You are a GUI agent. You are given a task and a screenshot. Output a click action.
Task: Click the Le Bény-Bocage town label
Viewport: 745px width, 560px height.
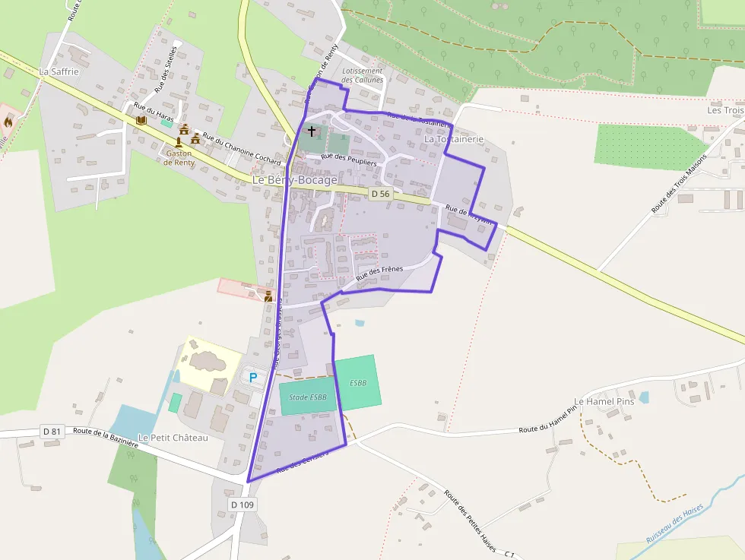[x=294, y=180]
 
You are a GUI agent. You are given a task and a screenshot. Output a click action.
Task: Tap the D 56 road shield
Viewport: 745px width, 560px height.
[x=380, y=194]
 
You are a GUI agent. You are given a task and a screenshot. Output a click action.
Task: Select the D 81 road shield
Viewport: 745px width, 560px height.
[x=52, y=432]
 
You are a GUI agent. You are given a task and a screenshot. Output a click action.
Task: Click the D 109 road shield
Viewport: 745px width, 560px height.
[x=242, y=505]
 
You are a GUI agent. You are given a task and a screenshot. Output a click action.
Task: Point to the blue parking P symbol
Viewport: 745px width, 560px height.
[x=253, y=377]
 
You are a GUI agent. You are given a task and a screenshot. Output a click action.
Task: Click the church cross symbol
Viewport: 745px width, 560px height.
[x=312, y=132]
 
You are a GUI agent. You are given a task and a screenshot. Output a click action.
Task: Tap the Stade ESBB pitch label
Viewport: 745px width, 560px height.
[x=308, y=397]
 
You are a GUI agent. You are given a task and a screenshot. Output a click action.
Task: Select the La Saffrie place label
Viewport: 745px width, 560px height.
[x=59, y=71]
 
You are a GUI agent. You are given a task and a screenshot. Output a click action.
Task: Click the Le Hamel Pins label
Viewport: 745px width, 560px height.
[x=604, y=401]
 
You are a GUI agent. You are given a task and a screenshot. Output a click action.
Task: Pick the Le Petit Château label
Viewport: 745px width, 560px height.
[x=173, y=438]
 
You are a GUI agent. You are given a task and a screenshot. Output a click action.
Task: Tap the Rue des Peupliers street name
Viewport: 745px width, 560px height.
[x=349, y=159]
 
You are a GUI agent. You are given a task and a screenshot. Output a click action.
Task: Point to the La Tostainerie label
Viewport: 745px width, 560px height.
[x=454, y=140]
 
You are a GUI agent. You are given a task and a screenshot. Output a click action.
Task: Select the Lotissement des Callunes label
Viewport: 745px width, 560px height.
[x=363, y=75]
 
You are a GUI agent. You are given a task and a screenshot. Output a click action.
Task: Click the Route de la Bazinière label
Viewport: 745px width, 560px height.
[x=105, y=437]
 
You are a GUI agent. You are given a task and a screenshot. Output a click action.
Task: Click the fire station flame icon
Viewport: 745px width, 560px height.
[x=8, y=121]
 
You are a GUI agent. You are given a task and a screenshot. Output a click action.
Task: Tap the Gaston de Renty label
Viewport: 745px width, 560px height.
[x=179, y=157]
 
